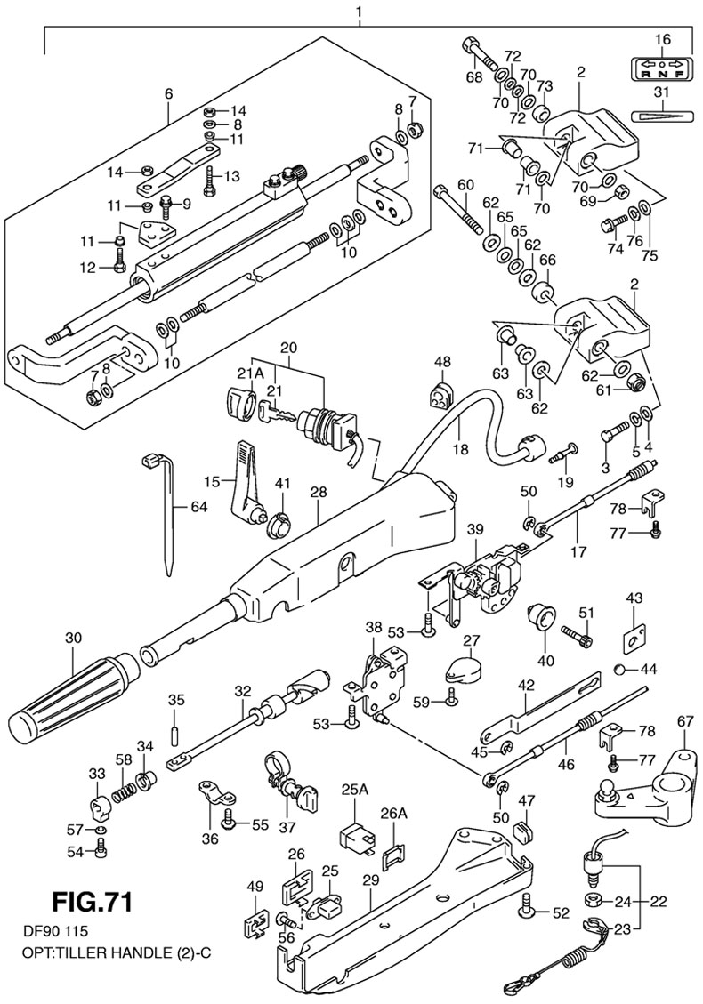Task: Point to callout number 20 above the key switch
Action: (x=287, y=346)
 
